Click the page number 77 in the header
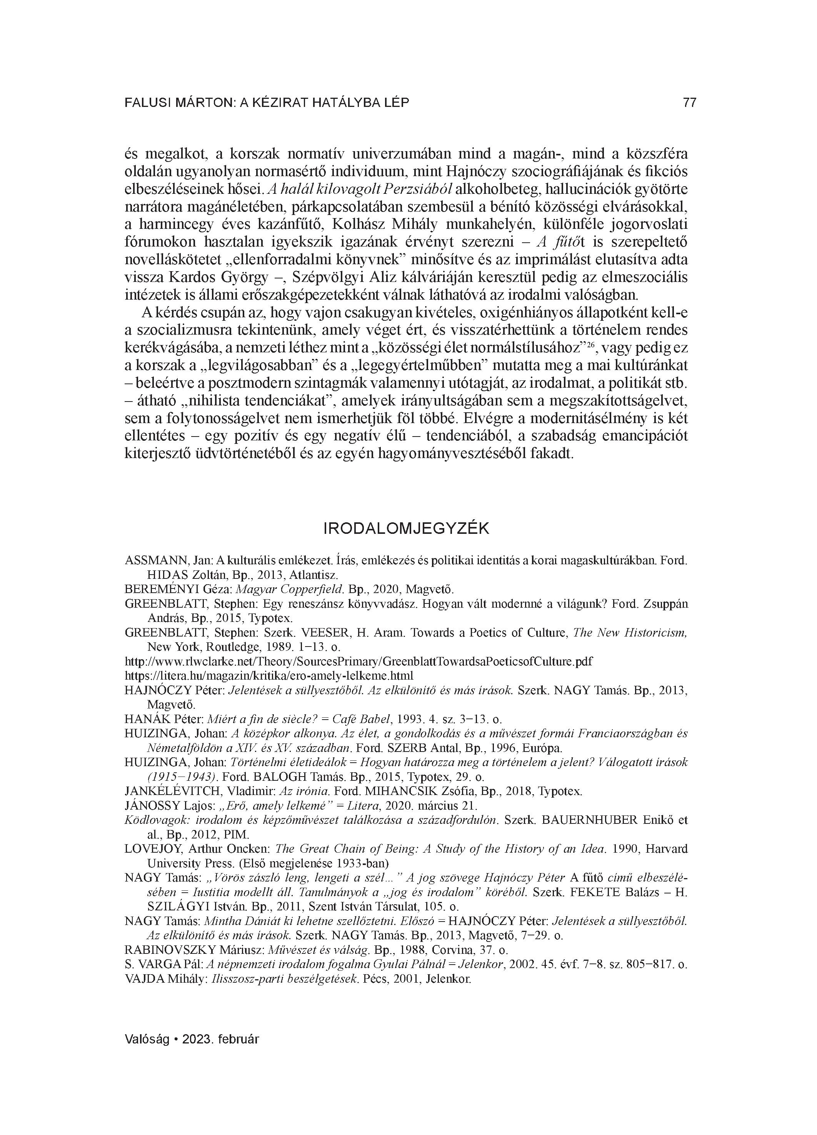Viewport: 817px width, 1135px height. (689, 103)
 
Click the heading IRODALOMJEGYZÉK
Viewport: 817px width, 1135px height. (407, 529)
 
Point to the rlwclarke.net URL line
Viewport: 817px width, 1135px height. (358, 661)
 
